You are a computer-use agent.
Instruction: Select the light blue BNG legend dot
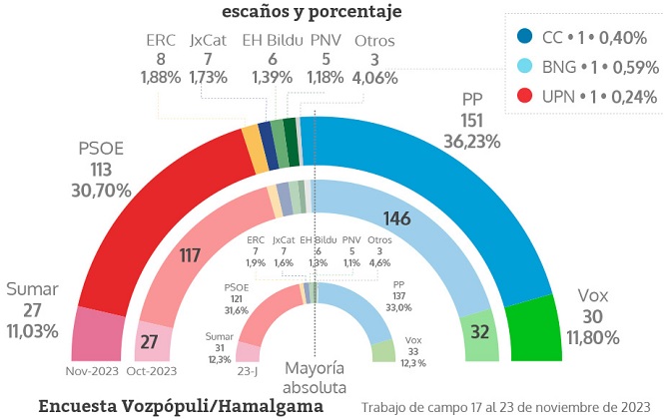[524, 67]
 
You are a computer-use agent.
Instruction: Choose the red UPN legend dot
[524, 97]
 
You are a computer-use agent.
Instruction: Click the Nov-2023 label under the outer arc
[94, 371]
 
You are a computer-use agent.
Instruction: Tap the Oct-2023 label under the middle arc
[152, 371]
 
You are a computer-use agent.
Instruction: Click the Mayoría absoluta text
[315, 378]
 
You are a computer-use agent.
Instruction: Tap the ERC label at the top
[161, 41]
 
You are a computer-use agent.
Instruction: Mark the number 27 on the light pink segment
[150, 341]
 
